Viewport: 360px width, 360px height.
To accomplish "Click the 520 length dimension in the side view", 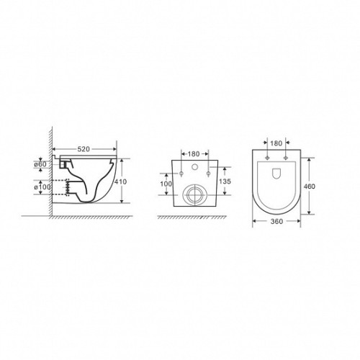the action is point(84,149).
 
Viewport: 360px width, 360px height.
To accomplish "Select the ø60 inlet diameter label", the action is point(40,164).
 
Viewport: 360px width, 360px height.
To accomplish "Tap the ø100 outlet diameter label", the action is point(42,186).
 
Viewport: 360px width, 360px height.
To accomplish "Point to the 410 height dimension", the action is point(120,182).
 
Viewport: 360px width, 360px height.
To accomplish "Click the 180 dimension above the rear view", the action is point(194,154).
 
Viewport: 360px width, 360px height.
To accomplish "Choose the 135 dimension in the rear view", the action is point(225,181).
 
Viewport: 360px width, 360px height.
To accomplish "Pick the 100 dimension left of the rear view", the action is point(166,184).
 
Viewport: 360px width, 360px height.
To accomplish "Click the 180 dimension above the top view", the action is point(276,143).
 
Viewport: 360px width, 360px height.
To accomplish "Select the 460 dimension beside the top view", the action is point(310,186).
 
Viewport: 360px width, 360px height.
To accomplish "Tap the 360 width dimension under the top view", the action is point(276,222).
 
